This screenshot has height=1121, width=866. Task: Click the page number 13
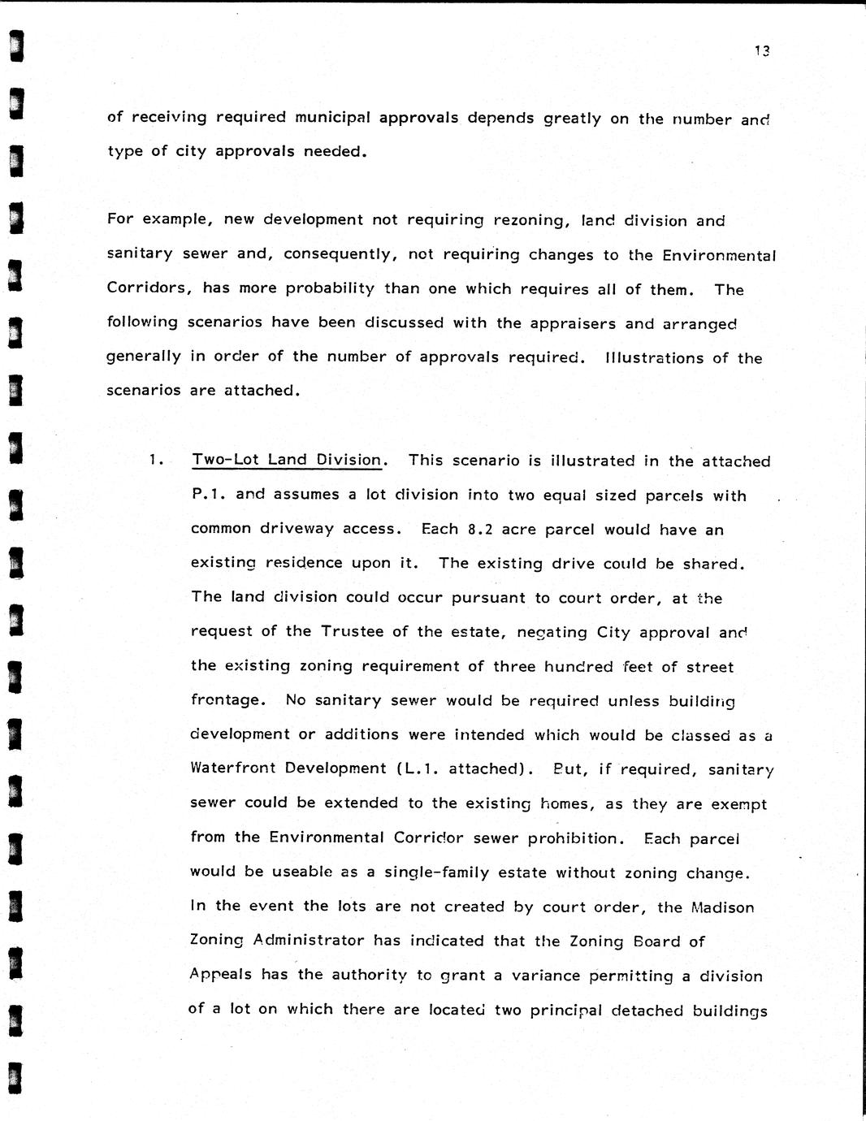pyautogui.click(x=761, y=50)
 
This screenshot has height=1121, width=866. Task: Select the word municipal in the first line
pyautogui.click(x=332, y=117)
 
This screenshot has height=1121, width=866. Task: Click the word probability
pyautogui.click(x=330, y=288)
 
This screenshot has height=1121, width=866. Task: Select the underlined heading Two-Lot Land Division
pyautogui.click(x=287, y=460)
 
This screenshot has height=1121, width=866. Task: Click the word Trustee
pyautogui.click(x=353, y=631)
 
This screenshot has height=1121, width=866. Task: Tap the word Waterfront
pyautogui.click(x=232, y=768)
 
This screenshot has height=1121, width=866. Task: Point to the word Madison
pyautogui.click(x=722, y=907)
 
